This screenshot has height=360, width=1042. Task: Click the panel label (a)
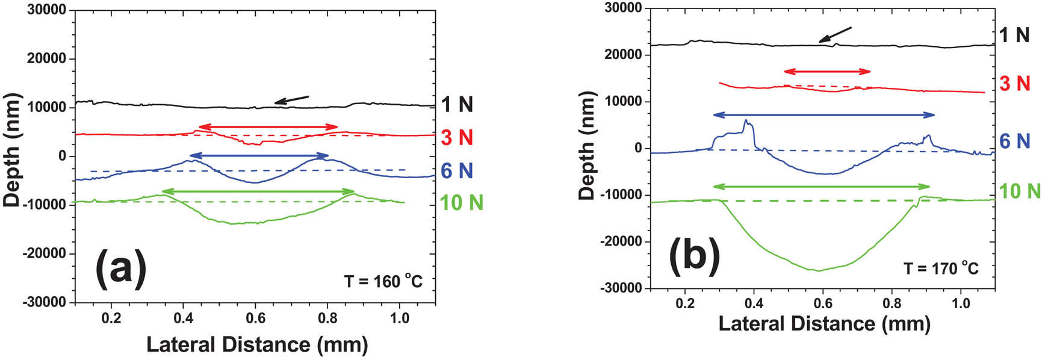(x=121, y=268)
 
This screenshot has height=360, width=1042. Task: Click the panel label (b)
(x=694, y=256)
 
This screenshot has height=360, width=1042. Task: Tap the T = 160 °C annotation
(x=383, y=281)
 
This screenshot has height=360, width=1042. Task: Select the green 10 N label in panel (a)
(x=461, y=203)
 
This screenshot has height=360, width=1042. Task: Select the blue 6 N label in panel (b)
(x=1016, y=141)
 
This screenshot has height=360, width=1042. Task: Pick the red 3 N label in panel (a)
(x=457, y=138)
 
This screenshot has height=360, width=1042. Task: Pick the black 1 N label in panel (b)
(x=1014, y=35)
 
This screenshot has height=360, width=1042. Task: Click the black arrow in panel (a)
(x=292, y=99)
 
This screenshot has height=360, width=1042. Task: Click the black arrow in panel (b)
(x=836, y=34)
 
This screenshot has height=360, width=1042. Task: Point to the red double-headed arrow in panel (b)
(x=827, y=72)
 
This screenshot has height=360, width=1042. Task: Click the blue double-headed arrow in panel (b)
(x=823, y=114)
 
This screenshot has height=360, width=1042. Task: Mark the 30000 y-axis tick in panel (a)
(x=48, y=10)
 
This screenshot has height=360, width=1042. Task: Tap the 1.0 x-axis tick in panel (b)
(x=961, y=302)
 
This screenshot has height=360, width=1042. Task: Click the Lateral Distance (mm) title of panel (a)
(x=257, y=344)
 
